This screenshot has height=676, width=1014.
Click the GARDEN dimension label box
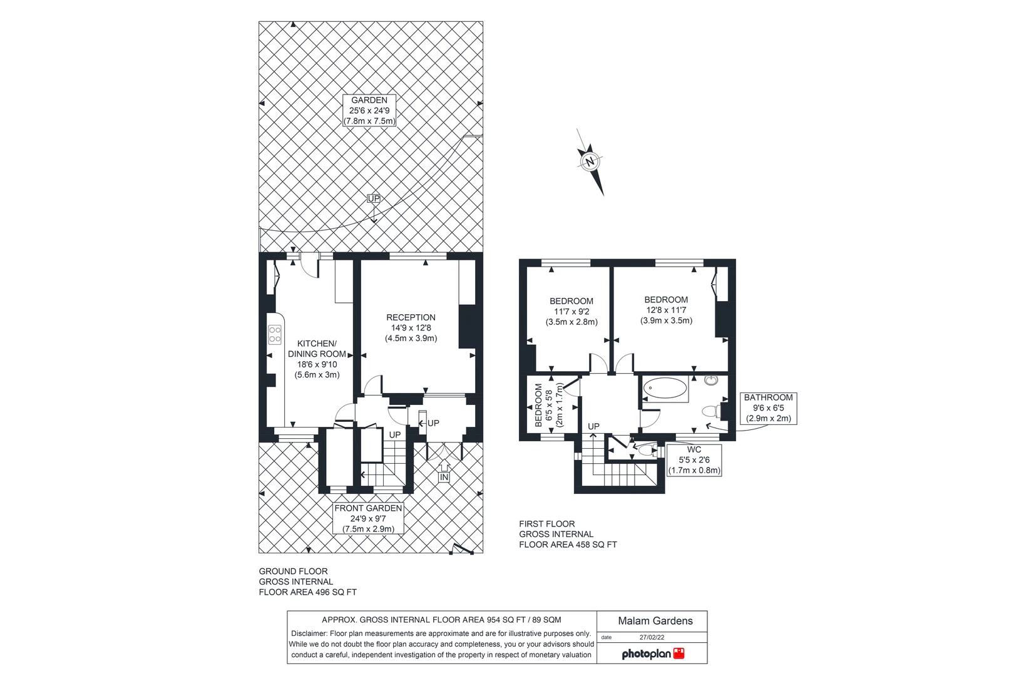369,111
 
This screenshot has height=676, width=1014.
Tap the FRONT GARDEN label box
368,518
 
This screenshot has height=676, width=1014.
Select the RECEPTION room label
411,327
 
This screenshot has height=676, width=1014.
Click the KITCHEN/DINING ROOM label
317,359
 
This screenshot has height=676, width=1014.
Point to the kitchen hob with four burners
275,334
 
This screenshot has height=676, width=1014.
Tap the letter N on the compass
589,162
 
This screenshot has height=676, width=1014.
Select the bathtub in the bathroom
665,389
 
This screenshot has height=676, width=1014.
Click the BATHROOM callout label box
768,408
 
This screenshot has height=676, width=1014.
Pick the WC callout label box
694,460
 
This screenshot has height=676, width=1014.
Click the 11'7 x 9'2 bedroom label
571,311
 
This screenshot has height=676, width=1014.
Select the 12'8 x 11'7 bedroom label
666,310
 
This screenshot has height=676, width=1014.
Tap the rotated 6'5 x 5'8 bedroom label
549,405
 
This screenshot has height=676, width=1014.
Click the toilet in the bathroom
710,411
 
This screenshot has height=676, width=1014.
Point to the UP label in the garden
374,198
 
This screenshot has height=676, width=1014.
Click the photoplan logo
653,654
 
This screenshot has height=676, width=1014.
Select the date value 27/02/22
652,638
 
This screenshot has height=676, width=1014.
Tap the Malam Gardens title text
655,621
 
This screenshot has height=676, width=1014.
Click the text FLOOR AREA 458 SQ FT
568,545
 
